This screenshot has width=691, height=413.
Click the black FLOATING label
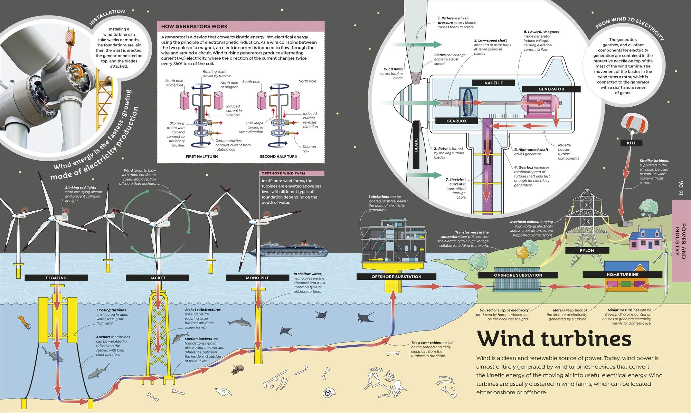pyautogui.click(x=56, y=278)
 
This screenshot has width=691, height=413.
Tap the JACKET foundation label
pyautogui.click(x=158, y=278)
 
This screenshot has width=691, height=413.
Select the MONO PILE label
pyautogui.click(x=257, y=278)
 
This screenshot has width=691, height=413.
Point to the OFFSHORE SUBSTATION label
pyautogui.click(x=396, y=277)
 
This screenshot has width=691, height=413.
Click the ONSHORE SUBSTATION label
pyautogui.click(x=518, y=275)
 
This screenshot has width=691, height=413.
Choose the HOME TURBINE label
pyautogui.click(x=623, y=275)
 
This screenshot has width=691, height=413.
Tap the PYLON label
pyautogui.click(x=587, y=250)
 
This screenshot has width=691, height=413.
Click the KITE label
pyautogui.click(x=631, y=143)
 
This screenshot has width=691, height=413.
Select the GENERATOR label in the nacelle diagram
pyautogui.click(x=551, y=89)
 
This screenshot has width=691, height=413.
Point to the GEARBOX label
pyautogui.click(x=456, y=121)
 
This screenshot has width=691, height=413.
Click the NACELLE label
pyautogui.click(x=493, y=83)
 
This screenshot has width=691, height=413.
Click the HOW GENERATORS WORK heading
pyautogui.click(x=195, y=26)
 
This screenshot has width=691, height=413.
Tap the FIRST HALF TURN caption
pyautogui.click(x=202, y=156)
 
